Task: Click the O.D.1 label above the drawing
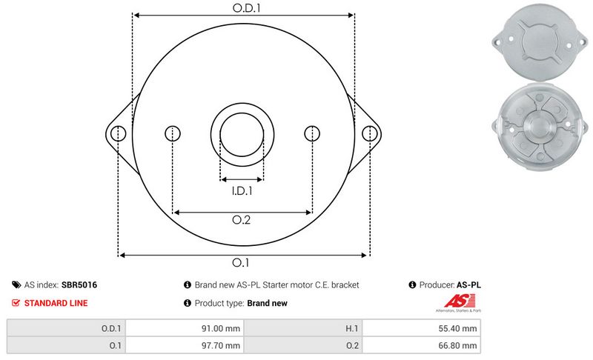(247, 8)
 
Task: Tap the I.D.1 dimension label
(242, 191)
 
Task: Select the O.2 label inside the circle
(242, 220)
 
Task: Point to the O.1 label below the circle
(240, 262)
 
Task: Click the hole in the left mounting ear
(119, 134)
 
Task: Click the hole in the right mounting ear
(369, 134)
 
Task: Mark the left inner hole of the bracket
(173, 133)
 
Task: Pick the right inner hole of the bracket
(312, 133)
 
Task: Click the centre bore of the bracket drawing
(242, 135)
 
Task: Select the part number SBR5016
(79, 285)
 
